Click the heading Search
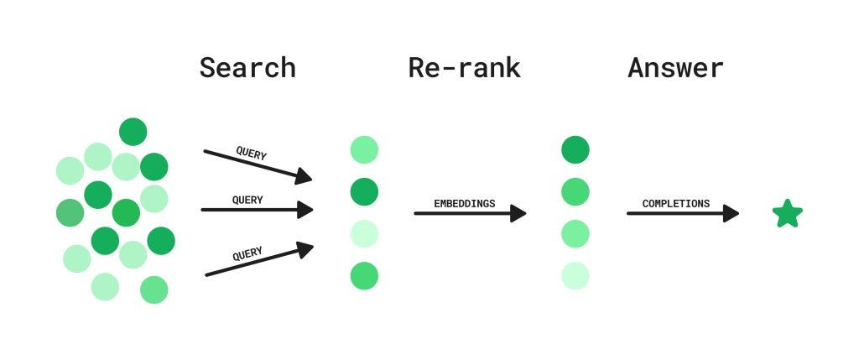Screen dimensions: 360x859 [247, 67]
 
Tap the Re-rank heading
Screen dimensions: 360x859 [464, 67]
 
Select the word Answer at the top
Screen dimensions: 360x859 [675, 67]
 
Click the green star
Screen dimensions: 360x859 [787, 214]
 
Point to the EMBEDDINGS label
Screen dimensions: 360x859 [464, 203]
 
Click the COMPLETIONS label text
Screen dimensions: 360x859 [675, 203]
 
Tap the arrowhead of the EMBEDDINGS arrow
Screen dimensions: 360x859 [517, 213]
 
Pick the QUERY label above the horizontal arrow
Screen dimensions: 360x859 [247, 200]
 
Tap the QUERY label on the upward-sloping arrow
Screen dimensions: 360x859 [247, 253]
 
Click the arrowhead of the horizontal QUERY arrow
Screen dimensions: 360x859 [304, 210]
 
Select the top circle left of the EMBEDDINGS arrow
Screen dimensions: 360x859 [364, 150]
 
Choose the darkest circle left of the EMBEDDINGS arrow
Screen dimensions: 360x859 [364, 192]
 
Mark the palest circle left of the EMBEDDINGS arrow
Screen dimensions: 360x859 [364, 233]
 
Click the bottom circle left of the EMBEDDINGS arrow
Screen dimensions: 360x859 [364, 275]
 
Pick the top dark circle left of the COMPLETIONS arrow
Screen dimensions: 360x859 [575, 150]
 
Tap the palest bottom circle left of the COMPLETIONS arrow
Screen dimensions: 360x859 [575, 275]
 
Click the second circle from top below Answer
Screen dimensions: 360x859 [575, 192]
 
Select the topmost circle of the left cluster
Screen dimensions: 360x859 [133, 132]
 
